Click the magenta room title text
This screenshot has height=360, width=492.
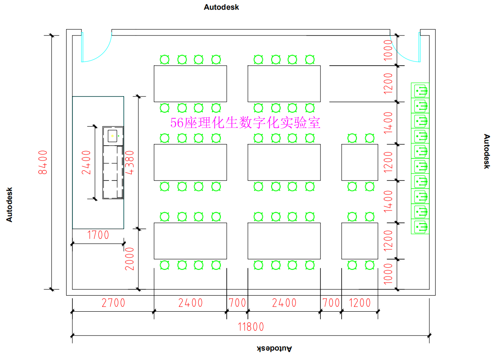(x=245, y=123)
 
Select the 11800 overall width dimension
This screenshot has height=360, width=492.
(x=251, y=327)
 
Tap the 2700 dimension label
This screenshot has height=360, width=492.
(x=113, y=303)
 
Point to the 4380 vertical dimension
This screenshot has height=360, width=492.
(x=131, y=163)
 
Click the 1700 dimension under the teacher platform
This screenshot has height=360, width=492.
(x=98, y=235)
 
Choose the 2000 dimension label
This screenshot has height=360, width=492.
(x=130, y=259)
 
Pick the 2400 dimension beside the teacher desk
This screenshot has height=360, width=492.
(x=87, y=162)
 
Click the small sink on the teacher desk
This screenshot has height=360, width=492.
(x=112, y=136)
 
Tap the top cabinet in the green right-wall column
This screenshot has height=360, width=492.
(x=420, y=91)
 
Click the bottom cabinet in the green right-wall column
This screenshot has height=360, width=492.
(x=420, y=226)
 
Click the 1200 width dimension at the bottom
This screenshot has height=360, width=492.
(x=359, y=303)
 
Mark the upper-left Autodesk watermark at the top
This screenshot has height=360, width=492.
(x=221, y=7)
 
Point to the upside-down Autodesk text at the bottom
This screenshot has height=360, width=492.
(x=275, y=349)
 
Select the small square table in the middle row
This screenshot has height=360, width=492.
(x=359, y=162)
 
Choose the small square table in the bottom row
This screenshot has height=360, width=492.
(x=359, y=241)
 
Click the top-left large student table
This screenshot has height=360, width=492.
(x=190, y=84)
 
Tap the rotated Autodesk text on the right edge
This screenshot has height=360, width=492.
(x=486, y=151)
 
